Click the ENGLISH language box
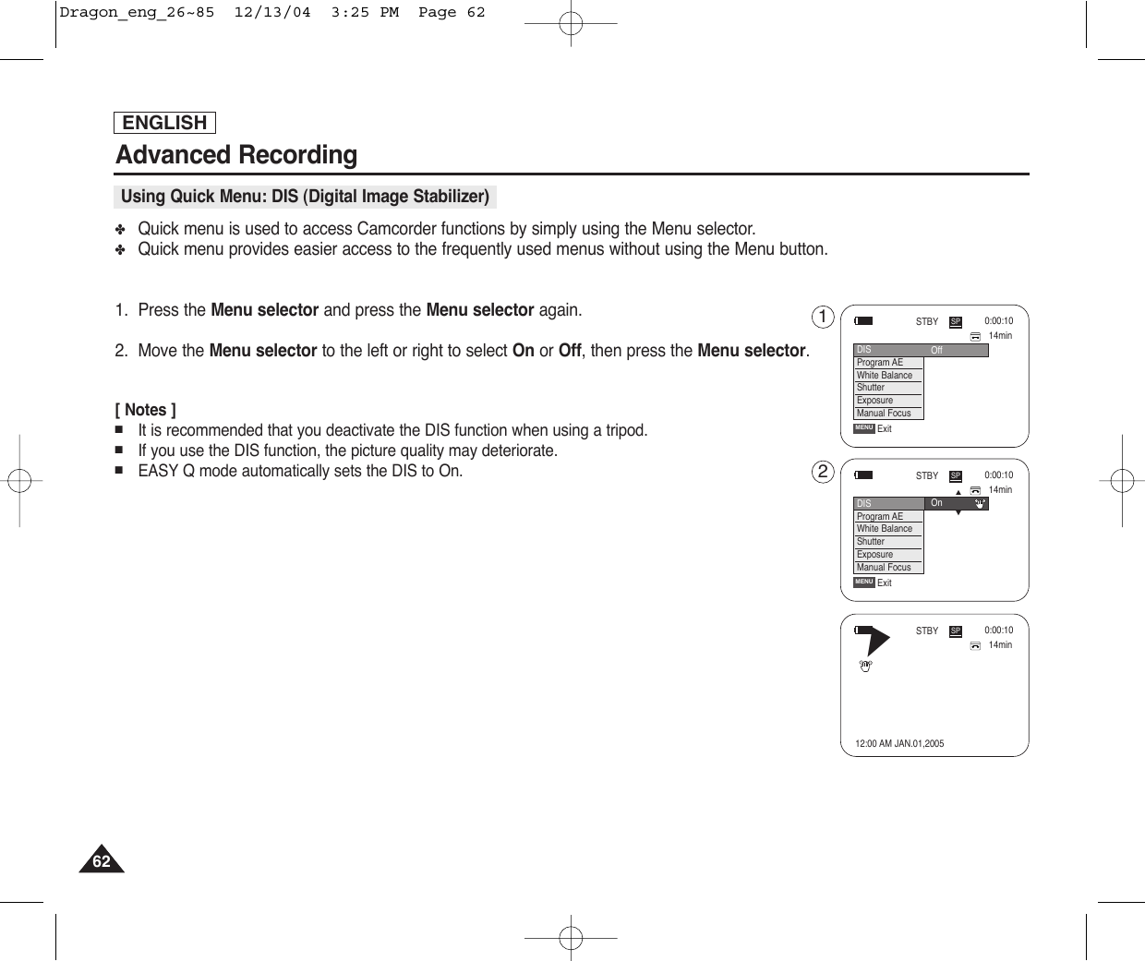pyautogui.click(x=164, y=123)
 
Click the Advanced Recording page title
pyautogui.click(x=236, y=154)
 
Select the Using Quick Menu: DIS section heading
pyautogui.click(x=305, y=197)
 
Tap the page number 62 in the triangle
pyautogui.click(x=101, y=861)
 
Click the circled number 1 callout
pyautogui.click(x=822, y=318)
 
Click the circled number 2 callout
pyautogui.click(x=822, y=472)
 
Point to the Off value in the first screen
pyautogui.click(x=936, y=351)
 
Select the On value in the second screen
pyautogui.click(x=936, y=503)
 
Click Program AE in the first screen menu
pyautogui.click(x=880, y=363)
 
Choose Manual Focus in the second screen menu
pyautogui.click(x=884, y=568)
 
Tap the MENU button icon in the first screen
pyautogui.click(x=864, y=428)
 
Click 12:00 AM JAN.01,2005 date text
pyautogui.click(x=899, y=743)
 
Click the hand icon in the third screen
pyautogui.click(x=865, y=666)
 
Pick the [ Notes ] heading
pyautogui.click(x=146, y=410)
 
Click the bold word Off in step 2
pyautogui.click(x=570, y=351)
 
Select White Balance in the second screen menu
pyautogui.click(x=885, y=529)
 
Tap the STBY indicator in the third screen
pyautogui.click(x=926, y=631)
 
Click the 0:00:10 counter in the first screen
pyautogui.click(x=998, y=321)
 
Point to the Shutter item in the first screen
pyautogui.click(x=871, y=388)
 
